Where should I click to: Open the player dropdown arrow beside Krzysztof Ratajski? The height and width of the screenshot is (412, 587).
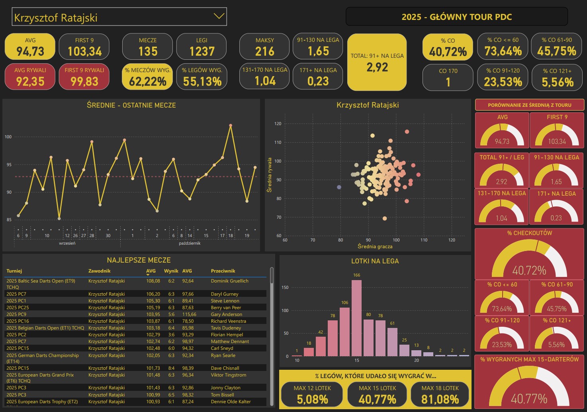pos(219,16)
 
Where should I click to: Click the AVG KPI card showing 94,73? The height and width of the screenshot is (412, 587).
pos(30,47)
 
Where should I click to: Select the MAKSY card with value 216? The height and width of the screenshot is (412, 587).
pos(264,47)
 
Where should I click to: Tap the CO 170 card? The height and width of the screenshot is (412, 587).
pos(448,77)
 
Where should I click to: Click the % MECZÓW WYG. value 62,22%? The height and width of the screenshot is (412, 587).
pos(148,82)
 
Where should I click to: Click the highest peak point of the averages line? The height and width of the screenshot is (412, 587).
pos(231,126)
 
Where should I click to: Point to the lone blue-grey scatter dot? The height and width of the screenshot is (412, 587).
pos(339,187)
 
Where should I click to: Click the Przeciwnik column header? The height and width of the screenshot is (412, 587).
pos(223,271)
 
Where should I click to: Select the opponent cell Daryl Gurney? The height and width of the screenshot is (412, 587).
pos(225,294)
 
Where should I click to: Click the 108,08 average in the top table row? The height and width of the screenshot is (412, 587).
pos(153,281)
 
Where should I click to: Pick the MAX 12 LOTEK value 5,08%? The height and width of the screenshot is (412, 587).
pos(312,399)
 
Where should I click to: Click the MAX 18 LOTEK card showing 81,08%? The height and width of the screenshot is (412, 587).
pos(440,394)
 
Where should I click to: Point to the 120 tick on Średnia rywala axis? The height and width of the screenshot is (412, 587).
pos(278,124)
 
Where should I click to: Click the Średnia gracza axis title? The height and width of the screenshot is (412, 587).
pos(375,247)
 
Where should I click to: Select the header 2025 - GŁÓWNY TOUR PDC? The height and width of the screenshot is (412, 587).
pos(456,17)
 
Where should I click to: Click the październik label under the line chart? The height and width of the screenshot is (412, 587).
pos(190,243)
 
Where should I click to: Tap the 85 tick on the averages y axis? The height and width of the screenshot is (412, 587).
pos(8,220)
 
